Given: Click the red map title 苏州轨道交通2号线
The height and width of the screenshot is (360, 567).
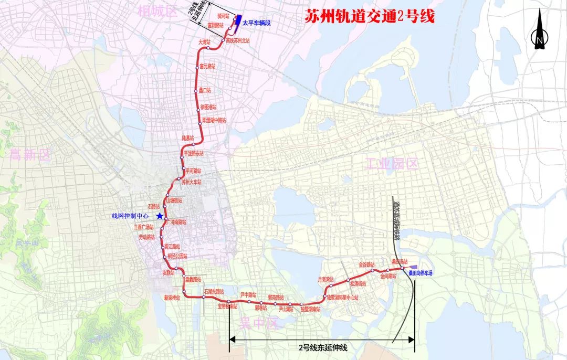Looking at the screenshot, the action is [x=370, y=16].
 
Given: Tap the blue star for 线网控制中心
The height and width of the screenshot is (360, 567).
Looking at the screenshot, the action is [x=159, y=216].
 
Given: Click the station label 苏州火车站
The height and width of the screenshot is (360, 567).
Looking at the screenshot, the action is [x=191, y=182].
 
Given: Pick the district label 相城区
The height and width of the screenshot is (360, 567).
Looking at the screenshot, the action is [x=156, y=10].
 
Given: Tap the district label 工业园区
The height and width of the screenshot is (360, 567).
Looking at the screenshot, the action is [x=391, y=164].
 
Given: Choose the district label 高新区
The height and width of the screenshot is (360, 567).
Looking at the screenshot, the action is [x=29, y=154].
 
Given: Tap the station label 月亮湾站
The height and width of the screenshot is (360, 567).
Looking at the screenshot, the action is [x=326, y=280].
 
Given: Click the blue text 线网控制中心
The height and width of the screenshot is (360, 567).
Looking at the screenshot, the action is [x=130, y=216].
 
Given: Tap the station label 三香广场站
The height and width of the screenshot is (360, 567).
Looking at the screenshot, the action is [x=143, y=227].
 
